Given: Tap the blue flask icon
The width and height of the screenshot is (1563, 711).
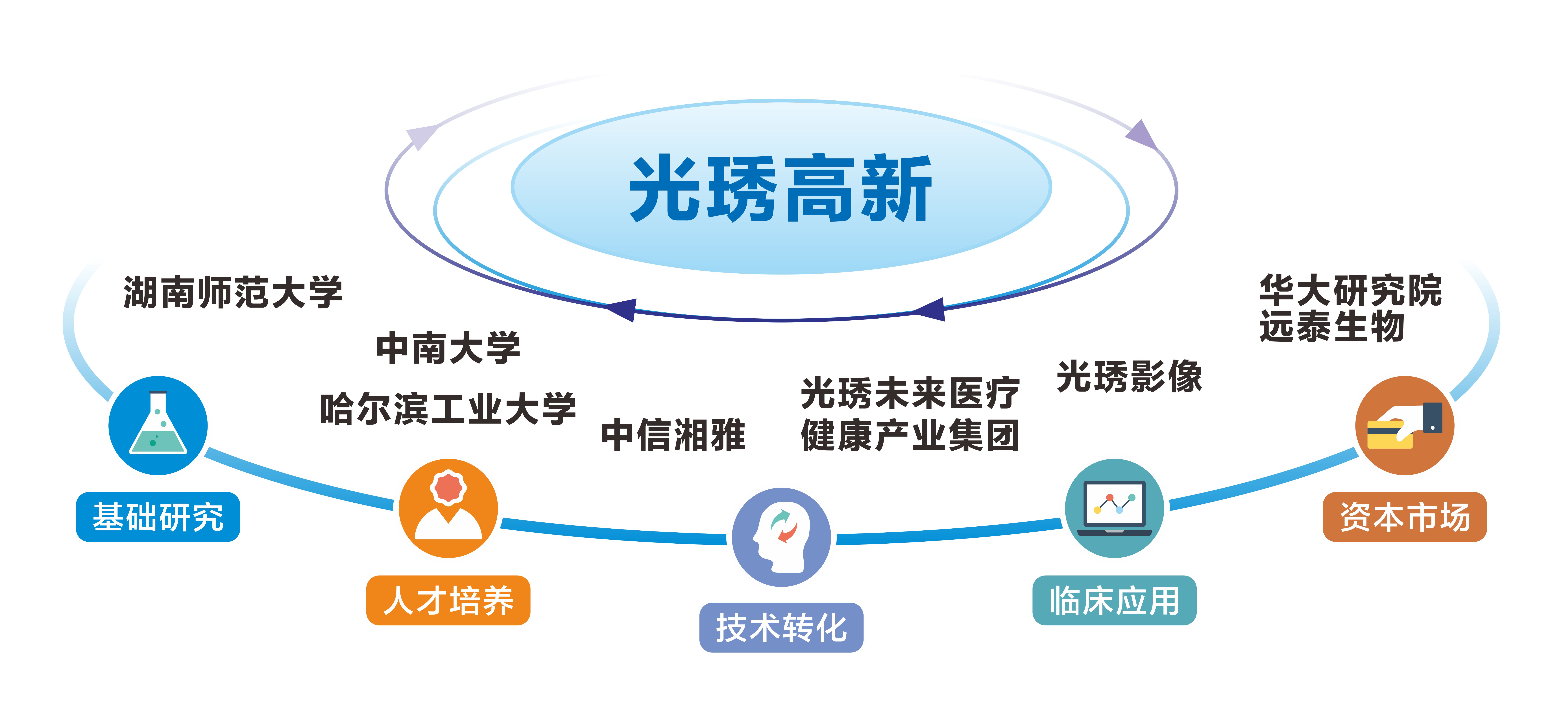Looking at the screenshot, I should (158, 425).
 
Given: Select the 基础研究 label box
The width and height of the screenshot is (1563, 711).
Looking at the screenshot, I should (158, 517).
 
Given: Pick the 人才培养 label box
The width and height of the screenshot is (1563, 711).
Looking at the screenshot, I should (448, 600).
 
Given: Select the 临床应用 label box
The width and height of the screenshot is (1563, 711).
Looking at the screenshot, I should (1114, 600).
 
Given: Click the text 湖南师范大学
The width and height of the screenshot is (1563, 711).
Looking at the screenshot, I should (233, 292).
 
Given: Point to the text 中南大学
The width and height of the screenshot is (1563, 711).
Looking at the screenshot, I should (448, 348).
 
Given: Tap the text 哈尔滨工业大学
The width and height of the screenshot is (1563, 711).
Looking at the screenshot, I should (448, 409).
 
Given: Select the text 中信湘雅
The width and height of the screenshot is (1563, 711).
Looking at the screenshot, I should (673, 435).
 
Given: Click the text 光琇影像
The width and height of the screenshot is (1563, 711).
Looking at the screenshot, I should (1129, 376).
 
